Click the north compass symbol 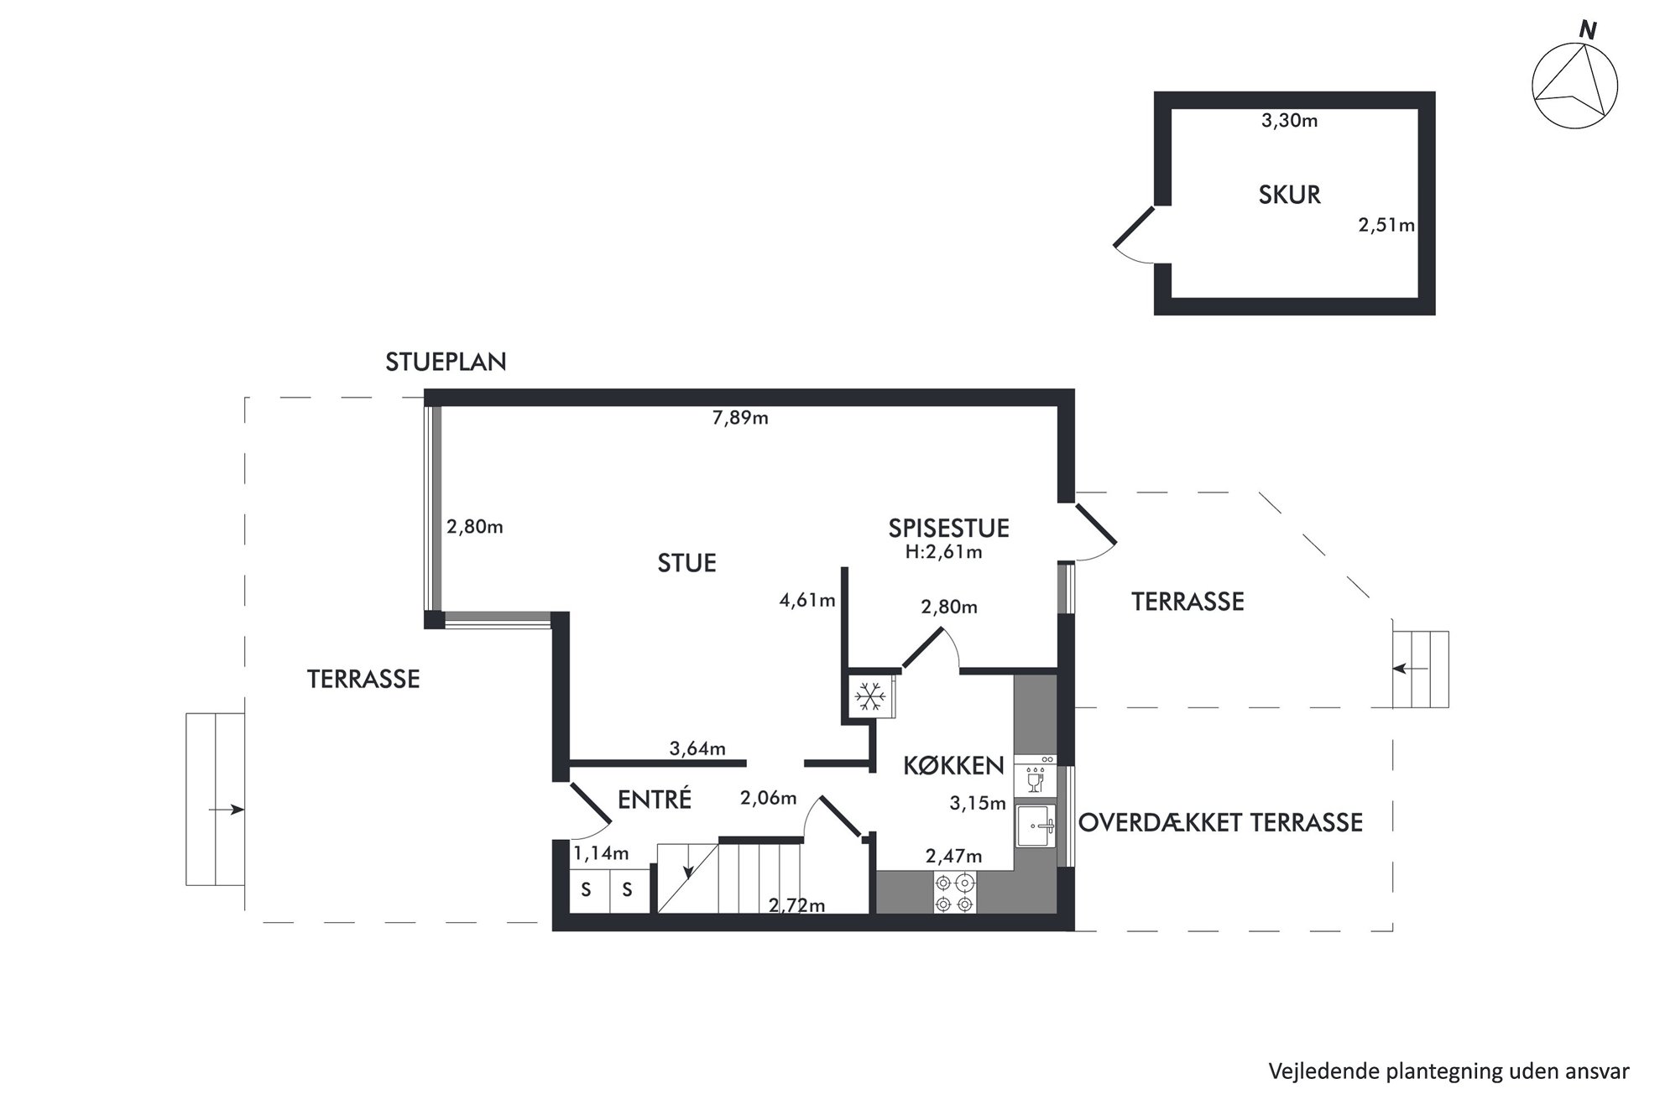[x=1574, y=85]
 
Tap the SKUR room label [x=1289, y=195]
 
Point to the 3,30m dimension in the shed [x=1289, y=121]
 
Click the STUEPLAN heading [x=446, y=362]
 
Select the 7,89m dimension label [x=740, y=418]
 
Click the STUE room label [x=686, y=563]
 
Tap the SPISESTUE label [x=948, y=528]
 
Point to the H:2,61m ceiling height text [x=943, y=552]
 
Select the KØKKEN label [x=953, y=765]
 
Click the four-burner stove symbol [x=955, y=893]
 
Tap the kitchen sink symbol [x=1036, y=826]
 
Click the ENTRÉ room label [x=655, y=800]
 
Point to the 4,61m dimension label [x=807, y=601]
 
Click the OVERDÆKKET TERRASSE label [x=1220, y=822]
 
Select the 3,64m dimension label [x=697, y=749]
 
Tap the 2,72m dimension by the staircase [x=796, y=905]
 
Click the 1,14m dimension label [x=601, y=854]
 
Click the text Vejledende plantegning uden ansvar [x=1448, y=1071]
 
